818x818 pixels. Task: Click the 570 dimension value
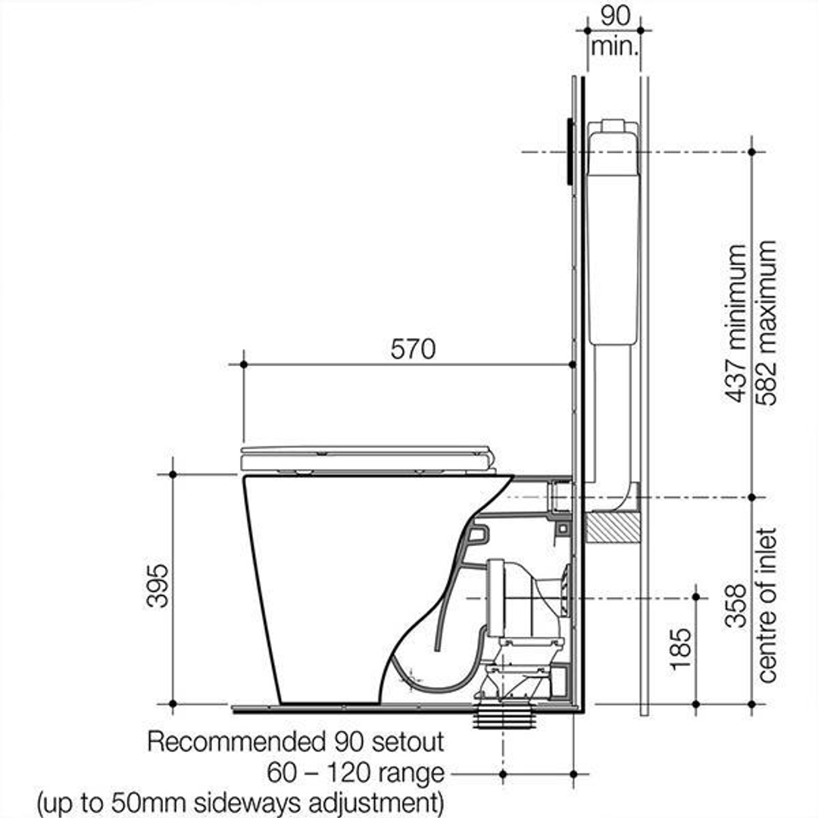tap(413, 349)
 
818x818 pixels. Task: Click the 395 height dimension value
tap(158, 585)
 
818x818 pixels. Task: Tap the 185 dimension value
tap(679, 649)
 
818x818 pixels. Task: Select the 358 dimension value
tap(735, 606)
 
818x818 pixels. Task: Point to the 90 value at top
tap(615, 15)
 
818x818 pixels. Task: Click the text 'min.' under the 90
tap(615, 45)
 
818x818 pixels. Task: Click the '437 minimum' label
tap(735, 323)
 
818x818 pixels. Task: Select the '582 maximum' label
tap(766, 323)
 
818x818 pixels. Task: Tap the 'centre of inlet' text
tap(766, 604)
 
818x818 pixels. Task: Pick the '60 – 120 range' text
tap(355, 773)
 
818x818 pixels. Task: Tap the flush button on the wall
tap(568, 151)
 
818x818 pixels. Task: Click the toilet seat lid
tap(367, 457)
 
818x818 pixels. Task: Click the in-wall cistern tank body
tap(613, 235)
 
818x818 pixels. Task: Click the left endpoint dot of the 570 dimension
tap(244, 364)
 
